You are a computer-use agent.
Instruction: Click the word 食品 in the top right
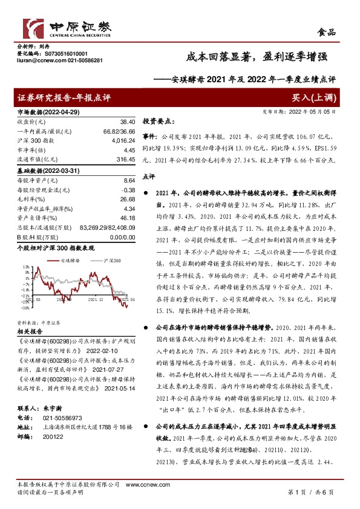[x=327, y=32]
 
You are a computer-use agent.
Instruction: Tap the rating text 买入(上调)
[x=315, y=98]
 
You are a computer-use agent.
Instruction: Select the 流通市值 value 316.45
[x=122, y=158]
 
